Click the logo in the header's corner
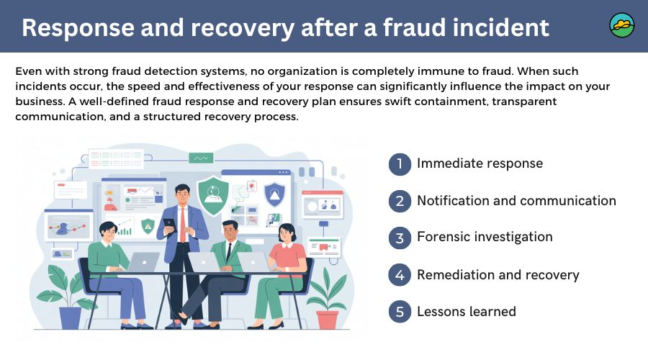[622, 25]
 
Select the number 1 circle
[399, 164]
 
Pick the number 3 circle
[399, 238]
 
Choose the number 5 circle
[399, 312]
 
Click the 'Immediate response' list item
[480, 163]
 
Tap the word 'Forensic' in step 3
[446, 237]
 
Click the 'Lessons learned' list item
[466, 312]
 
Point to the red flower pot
[327, 318]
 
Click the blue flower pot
[71, 317]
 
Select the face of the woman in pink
[287, 232]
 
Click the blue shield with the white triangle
[274, 193]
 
